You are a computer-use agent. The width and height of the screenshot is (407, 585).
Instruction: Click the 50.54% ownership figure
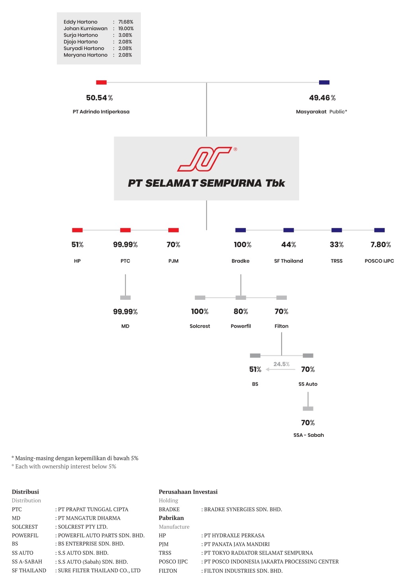click(99, 98)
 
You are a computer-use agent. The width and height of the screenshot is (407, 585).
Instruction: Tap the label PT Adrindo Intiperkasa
click(101, 112)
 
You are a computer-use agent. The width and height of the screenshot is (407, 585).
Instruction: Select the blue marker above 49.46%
click(324, 82)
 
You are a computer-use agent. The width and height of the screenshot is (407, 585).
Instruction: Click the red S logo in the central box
click(204, 159)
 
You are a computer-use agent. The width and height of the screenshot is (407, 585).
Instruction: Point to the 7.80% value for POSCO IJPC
click(381, 245)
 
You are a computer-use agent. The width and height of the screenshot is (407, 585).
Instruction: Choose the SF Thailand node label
click(288, 261)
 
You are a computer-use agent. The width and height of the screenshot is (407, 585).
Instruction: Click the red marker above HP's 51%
click(78, 230)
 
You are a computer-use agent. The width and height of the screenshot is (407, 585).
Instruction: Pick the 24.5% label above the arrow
click(281, 364)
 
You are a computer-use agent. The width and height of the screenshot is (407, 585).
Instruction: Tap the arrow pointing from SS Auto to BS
click(280, 369)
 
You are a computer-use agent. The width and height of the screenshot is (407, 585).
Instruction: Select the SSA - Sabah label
click(309, 435)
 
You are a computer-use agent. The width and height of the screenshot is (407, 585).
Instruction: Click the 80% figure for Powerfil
click(241, 311)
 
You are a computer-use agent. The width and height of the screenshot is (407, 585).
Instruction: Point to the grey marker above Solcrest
click(200, 297)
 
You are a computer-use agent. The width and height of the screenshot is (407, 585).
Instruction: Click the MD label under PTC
click(125, 326)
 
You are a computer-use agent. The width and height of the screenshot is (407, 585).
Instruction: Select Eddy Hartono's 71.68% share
click(126, 22)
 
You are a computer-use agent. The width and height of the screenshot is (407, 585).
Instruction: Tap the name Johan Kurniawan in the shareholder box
click(86, 28)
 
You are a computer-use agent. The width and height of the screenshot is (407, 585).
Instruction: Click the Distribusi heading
click(25, 492)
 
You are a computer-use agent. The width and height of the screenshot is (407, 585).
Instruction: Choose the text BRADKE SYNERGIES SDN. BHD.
click(243, 509)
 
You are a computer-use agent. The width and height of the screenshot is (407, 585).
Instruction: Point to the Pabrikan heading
click(171, 517)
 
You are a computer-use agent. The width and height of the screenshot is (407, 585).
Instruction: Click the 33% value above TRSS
click(336, 245)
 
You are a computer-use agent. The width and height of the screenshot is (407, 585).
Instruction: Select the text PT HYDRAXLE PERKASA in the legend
click(234, 535)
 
